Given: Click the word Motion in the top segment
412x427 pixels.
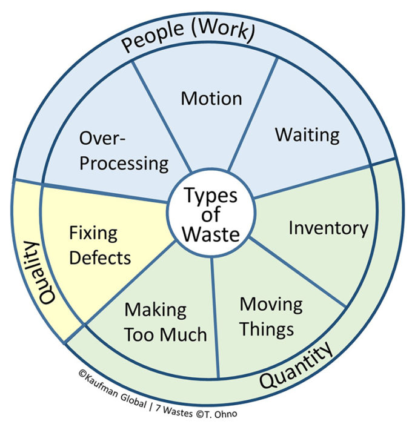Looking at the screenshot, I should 211,98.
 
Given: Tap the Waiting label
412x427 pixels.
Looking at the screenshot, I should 307,134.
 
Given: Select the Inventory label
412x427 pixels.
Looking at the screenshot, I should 328,228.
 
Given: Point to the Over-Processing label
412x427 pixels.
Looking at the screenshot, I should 124,150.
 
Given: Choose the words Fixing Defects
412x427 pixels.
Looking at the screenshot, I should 99,245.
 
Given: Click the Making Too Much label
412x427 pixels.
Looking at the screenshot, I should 165,322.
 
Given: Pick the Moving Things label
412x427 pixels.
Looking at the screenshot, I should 270,316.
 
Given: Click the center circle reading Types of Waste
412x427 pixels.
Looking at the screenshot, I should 211,214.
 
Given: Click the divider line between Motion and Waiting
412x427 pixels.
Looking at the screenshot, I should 254,116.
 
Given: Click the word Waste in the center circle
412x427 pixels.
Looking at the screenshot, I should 211,233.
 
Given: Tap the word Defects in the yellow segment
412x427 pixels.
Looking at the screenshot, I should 99,257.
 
